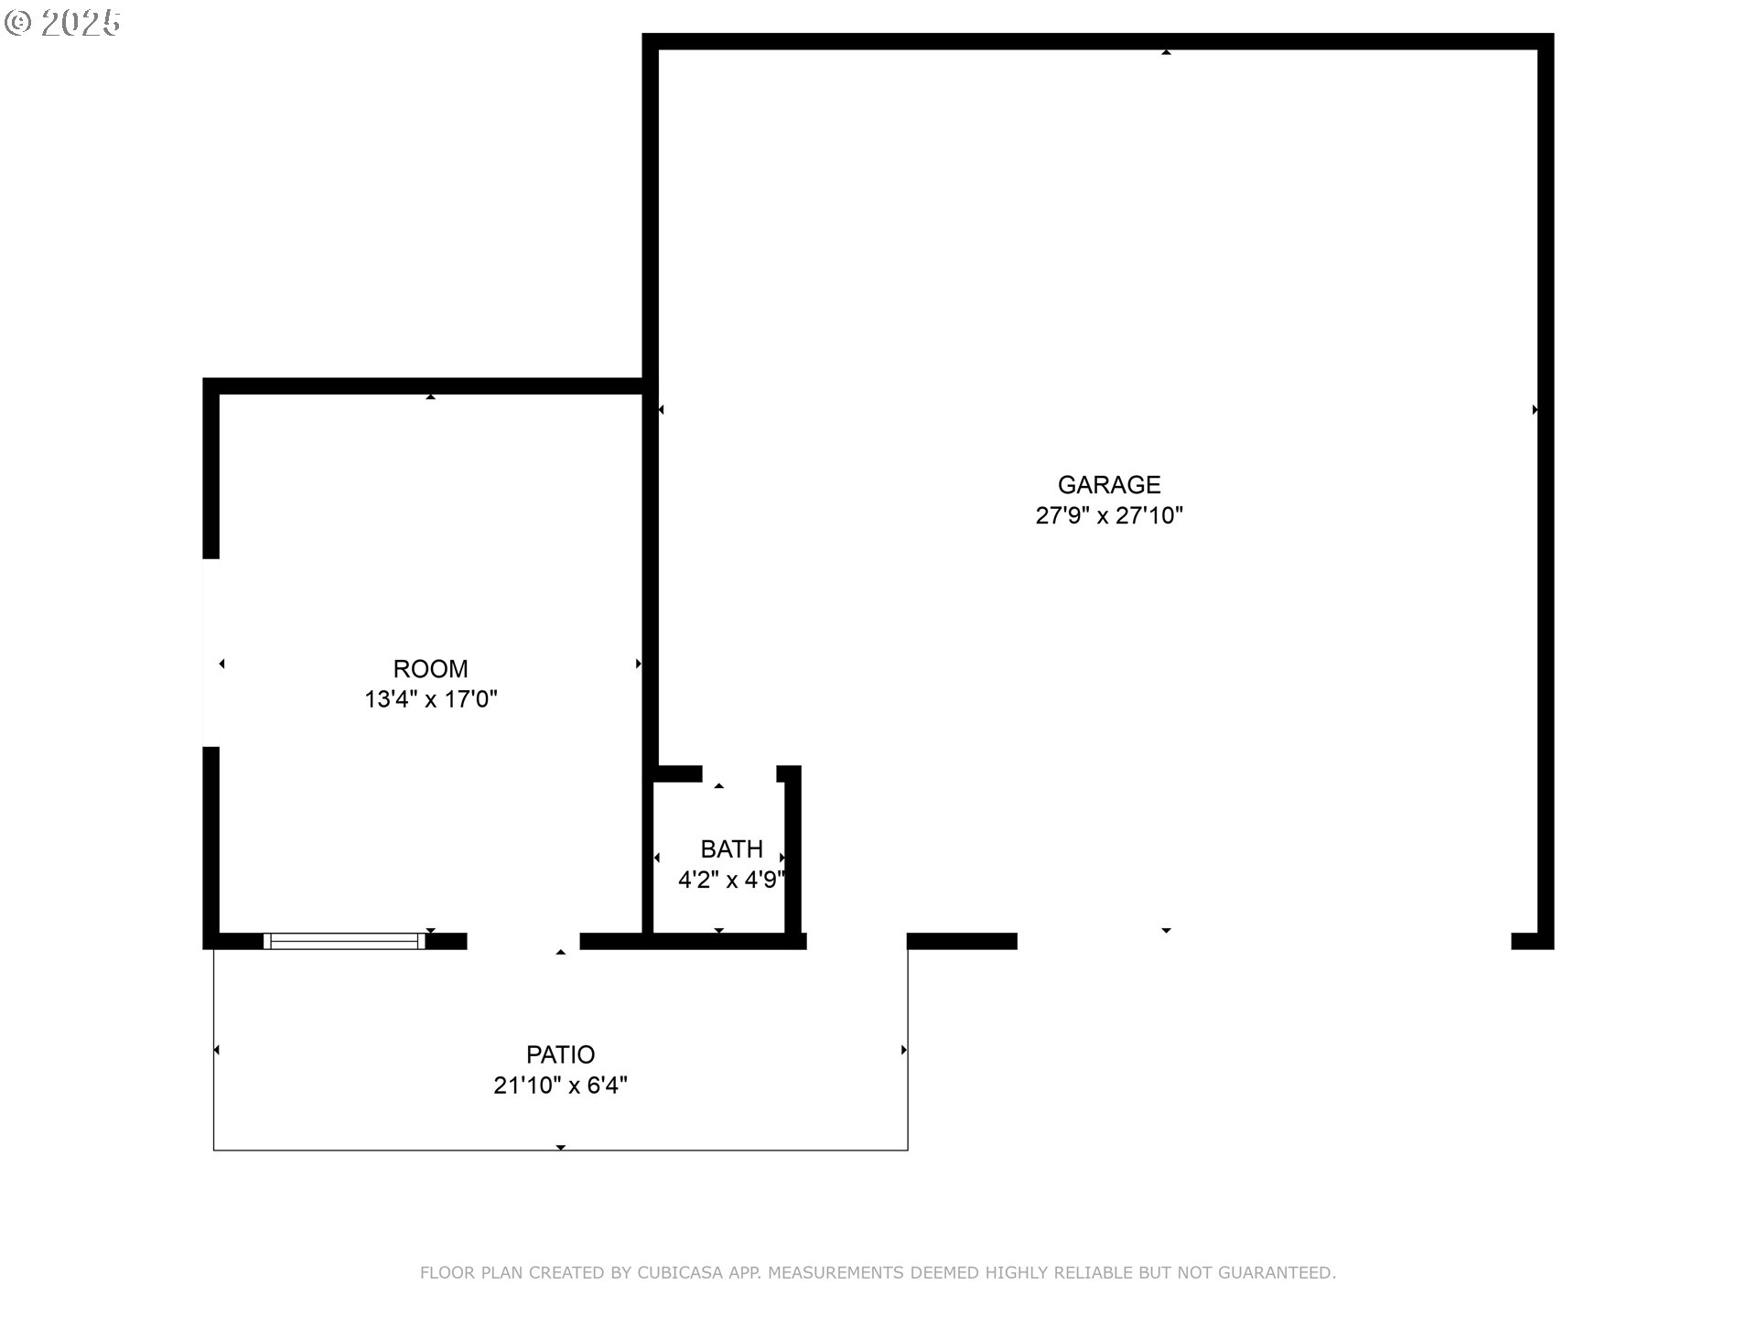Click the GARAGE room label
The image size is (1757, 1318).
click(x=1109, y=484)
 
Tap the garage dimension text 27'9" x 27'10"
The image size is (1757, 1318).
click(x=1109, y=515)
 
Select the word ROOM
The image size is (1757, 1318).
click(x=430, y=669)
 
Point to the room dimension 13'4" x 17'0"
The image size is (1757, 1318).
click(x=430, y=699)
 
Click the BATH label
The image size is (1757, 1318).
click(x=731, y=848)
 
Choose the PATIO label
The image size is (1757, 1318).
click(x=560, y=1054)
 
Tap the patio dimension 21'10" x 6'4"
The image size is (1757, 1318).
click(x=560, y=1086)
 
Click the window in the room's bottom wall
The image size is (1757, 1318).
click(x=344, y=941)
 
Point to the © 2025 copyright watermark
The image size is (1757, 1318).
click(x=62, y=23)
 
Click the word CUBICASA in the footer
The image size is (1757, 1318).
click(x=680, y=1272)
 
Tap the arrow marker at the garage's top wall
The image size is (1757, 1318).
click(x=1166, y=52)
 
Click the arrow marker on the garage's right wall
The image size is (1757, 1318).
click(x=1535, y=410)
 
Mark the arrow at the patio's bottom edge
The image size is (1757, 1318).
click(x=560, y=1147)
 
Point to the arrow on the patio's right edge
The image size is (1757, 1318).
click(x=903, y=1050)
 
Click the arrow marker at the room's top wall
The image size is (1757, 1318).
click(x=430, y=396)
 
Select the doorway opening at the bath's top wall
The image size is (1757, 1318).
click(x=739, y=774)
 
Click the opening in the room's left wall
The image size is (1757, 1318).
click(x=211, y=653)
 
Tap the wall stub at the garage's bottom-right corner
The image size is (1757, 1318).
click(x=1532, y=941)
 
